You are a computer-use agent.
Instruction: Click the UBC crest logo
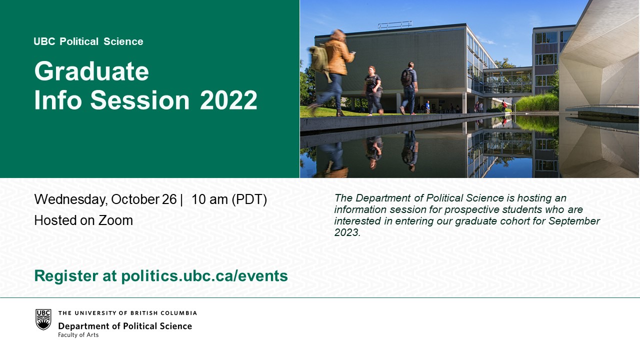click(43, 319)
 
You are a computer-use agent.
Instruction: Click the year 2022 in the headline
click(228, 100)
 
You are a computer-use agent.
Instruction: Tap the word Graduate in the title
click(91, 71)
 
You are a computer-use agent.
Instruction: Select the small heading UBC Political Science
click(88, 41)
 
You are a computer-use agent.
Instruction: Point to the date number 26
click(169, 199)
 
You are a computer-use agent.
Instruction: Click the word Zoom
click(115, 220)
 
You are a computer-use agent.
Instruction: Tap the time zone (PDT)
click(249, 199)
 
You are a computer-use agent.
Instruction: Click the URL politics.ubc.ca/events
click(204, 276)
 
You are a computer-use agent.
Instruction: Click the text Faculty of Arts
click(78, 335)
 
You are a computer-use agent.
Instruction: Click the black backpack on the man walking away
click(406, 78)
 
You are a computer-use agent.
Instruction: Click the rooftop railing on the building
click(395, 25)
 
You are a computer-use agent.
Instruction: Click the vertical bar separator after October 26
click(181, 199)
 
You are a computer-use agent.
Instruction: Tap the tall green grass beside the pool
click(537, 102)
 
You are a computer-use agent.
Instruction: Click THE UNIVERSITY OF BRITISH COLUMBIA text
click(127, 313)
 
